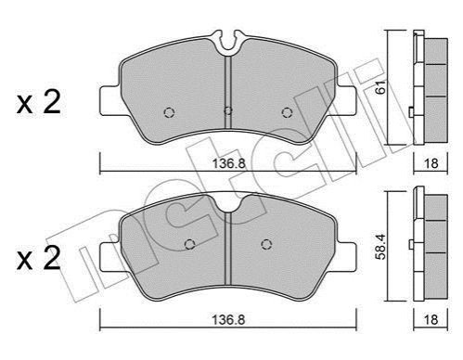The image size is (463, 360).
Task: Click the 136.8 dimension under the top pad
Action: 228,163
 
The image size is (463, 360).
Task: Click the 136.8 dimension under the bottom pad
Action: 228,320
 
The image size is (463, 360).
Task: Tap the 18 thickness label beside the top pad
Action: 431,163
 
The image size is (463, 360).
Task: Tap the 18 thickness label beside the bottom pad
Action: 431,320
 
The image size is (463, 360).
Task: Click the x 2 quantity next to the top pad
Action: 39,103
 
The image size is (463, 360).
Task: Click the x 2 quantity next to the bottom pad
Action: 39,259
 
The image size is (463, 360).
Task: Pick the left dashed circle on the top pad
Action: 169,112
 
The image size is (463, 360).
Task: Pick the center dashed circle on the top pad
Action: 228,110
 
